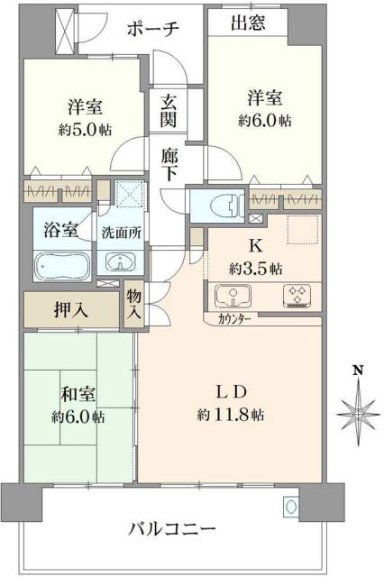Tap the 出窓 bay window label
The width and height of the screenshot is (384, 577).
point(247,24)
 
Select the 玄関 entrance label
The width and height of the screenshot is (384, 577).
point(169,111)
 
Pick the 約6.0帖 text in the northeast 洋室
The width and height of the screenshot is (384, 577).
point(264,118)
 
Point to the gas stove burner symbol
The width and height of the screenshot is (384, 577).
point(296,295)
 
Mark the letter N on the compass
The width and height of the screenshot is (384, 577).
point(358,370)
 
